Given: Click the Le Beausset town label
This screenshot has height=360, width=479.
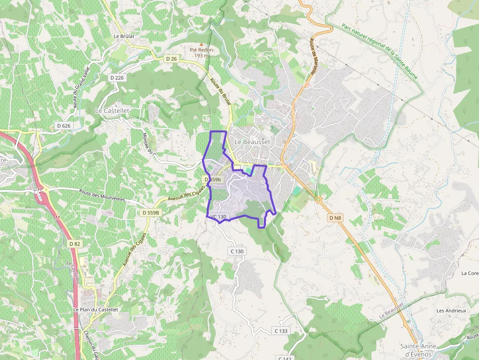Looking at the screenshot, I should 252,142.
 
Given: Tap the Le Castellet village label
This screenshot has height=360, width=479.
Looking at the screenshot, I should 112,111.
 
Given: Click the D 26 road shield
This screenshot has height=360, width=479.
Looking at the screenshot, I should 171,59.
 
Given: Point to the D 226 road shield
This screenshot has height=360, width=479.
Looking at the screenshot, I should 117,78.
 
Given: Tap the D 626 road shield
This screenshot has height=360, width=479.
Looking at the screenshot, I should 64,126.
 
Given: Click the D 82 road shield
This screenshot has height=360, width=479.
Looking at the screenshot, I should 74,243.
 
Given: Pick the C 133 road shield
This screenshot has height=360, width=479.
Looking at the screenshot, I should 281,331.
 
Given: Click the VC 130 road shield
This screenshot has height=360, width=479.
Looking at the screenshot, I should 218,216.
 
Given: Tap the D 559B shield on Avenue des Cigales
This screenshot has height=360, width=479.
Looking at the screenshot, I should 151,213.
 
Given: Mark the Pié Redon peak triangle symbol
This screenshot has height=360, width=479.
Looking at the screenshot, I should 201,44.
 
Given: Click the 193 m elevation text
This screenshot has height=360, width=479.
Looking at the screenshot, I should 201,56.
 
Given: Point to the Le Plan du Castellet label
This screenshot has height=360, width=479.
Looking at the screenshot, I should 96,310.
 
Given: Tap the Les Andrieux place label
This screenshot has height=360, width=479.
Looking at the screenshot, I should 451,311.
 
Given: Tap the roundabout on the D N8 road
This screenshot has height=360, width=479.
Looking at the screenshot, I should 318,199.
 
